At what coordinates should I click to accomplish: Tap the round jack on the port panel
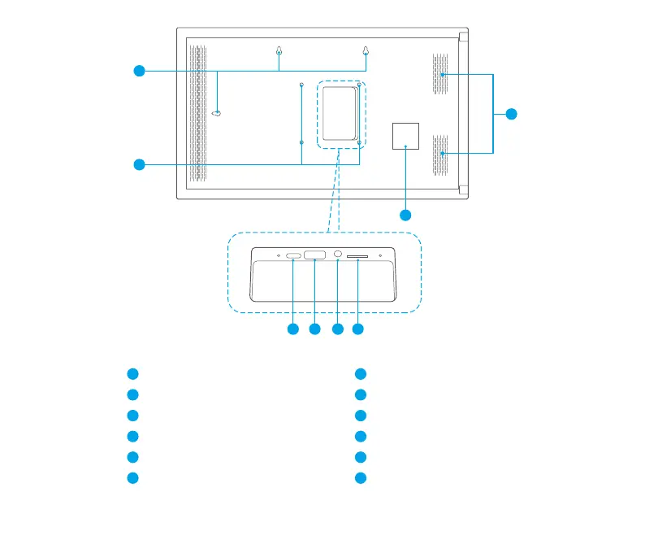click(338, 256)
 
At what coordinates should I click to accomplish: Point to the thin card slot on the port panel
click(357, 257)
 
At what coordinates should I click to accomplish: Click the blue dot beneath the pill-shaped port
click(292, 329)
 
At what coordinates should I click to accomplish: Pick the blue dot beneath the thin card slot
click(357, 329)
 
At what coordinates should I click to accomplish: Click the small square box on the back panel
click(405, 135)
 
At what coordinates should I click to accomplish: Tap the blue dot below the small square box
click(405, 215)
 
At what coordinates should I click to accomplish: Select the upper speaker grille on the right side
click(439, 74)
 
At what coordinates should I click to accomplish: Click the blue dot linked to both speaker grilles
click(511, 114)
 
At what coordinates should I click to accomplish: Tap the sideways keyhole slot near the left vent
click(217, 113)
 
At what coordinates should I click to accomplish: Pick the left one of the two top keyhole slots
click(279, 52)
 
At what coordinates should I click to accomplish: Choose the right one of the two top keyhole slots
click(366, 52)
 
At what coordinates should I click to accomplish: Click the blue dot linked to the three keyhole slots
click(140, 72)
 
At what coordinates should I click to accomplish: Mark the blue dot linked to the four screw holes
click(140, 165)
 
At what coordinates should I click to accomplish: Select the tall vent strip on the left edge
click(194, 113)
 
